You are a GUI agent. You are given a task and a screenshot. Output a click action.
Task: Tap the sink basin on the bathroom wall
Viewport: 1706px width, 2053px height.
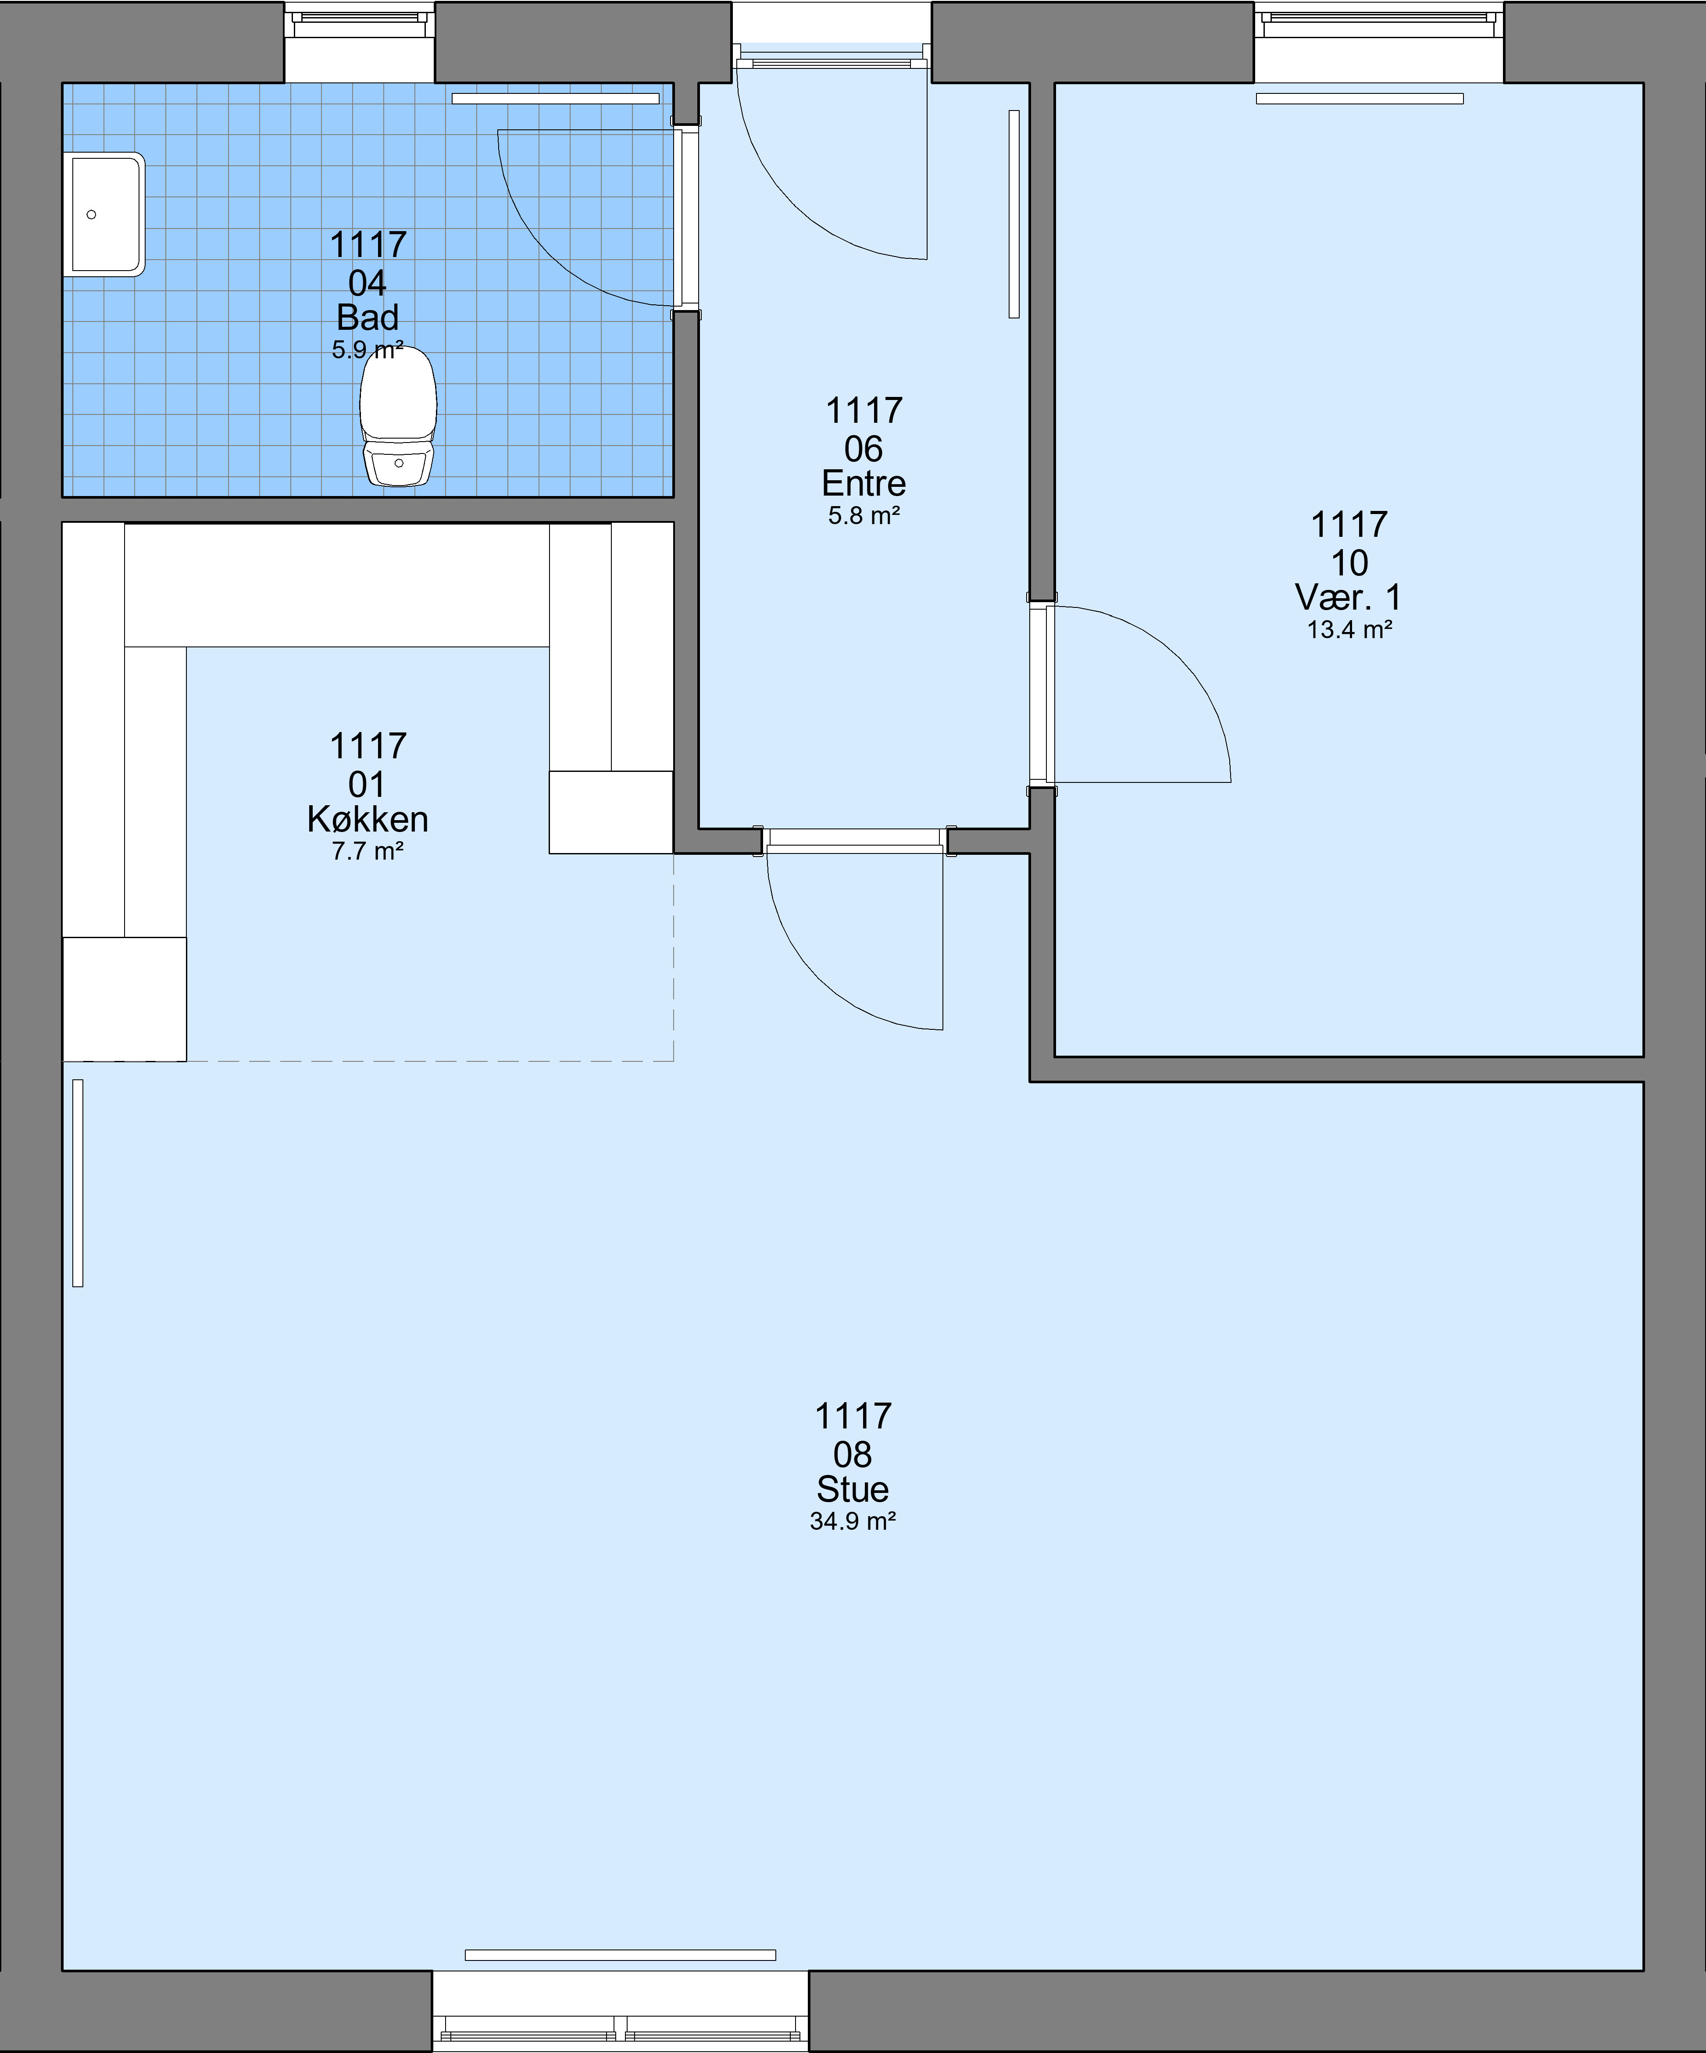click(x=105, y=214)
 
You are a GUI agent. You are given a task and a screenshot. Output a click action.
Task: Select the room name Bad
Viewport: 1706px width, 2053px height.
click(x=368, y=318)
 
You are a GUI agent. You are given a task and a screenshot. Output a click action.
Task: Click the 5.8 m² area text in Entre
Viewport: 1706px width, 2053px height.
click(x=863, y=516)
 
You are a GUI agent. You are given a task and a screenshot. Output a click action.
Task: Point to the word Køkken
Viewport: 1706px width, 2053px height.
click(x=368, y=819)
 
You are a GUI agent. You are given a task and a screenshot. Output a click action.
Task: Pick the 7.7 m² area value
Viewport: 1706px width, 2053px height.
click(x=368, y=852)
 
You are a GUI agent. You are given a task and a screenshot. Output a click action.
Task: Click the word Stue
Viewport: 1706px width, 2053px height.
click(x=853, y=1490)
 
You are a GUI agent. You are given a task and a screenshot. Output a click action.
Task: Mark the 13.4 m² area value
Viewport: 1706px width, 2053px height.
click(x=1349, y=630)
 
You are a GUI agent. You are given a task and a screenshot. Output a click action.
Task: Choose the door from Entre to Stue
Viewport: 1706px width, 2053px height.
click(x=856, y=939)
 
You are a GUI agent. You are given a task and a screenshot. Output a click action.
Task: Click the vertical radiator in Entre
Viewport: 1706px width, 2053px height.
click(x=1014, y=214)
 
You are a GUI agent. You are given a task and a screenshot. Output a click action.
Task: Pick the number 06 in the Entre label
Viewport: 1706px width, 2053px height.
click(x=863, y=450)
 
